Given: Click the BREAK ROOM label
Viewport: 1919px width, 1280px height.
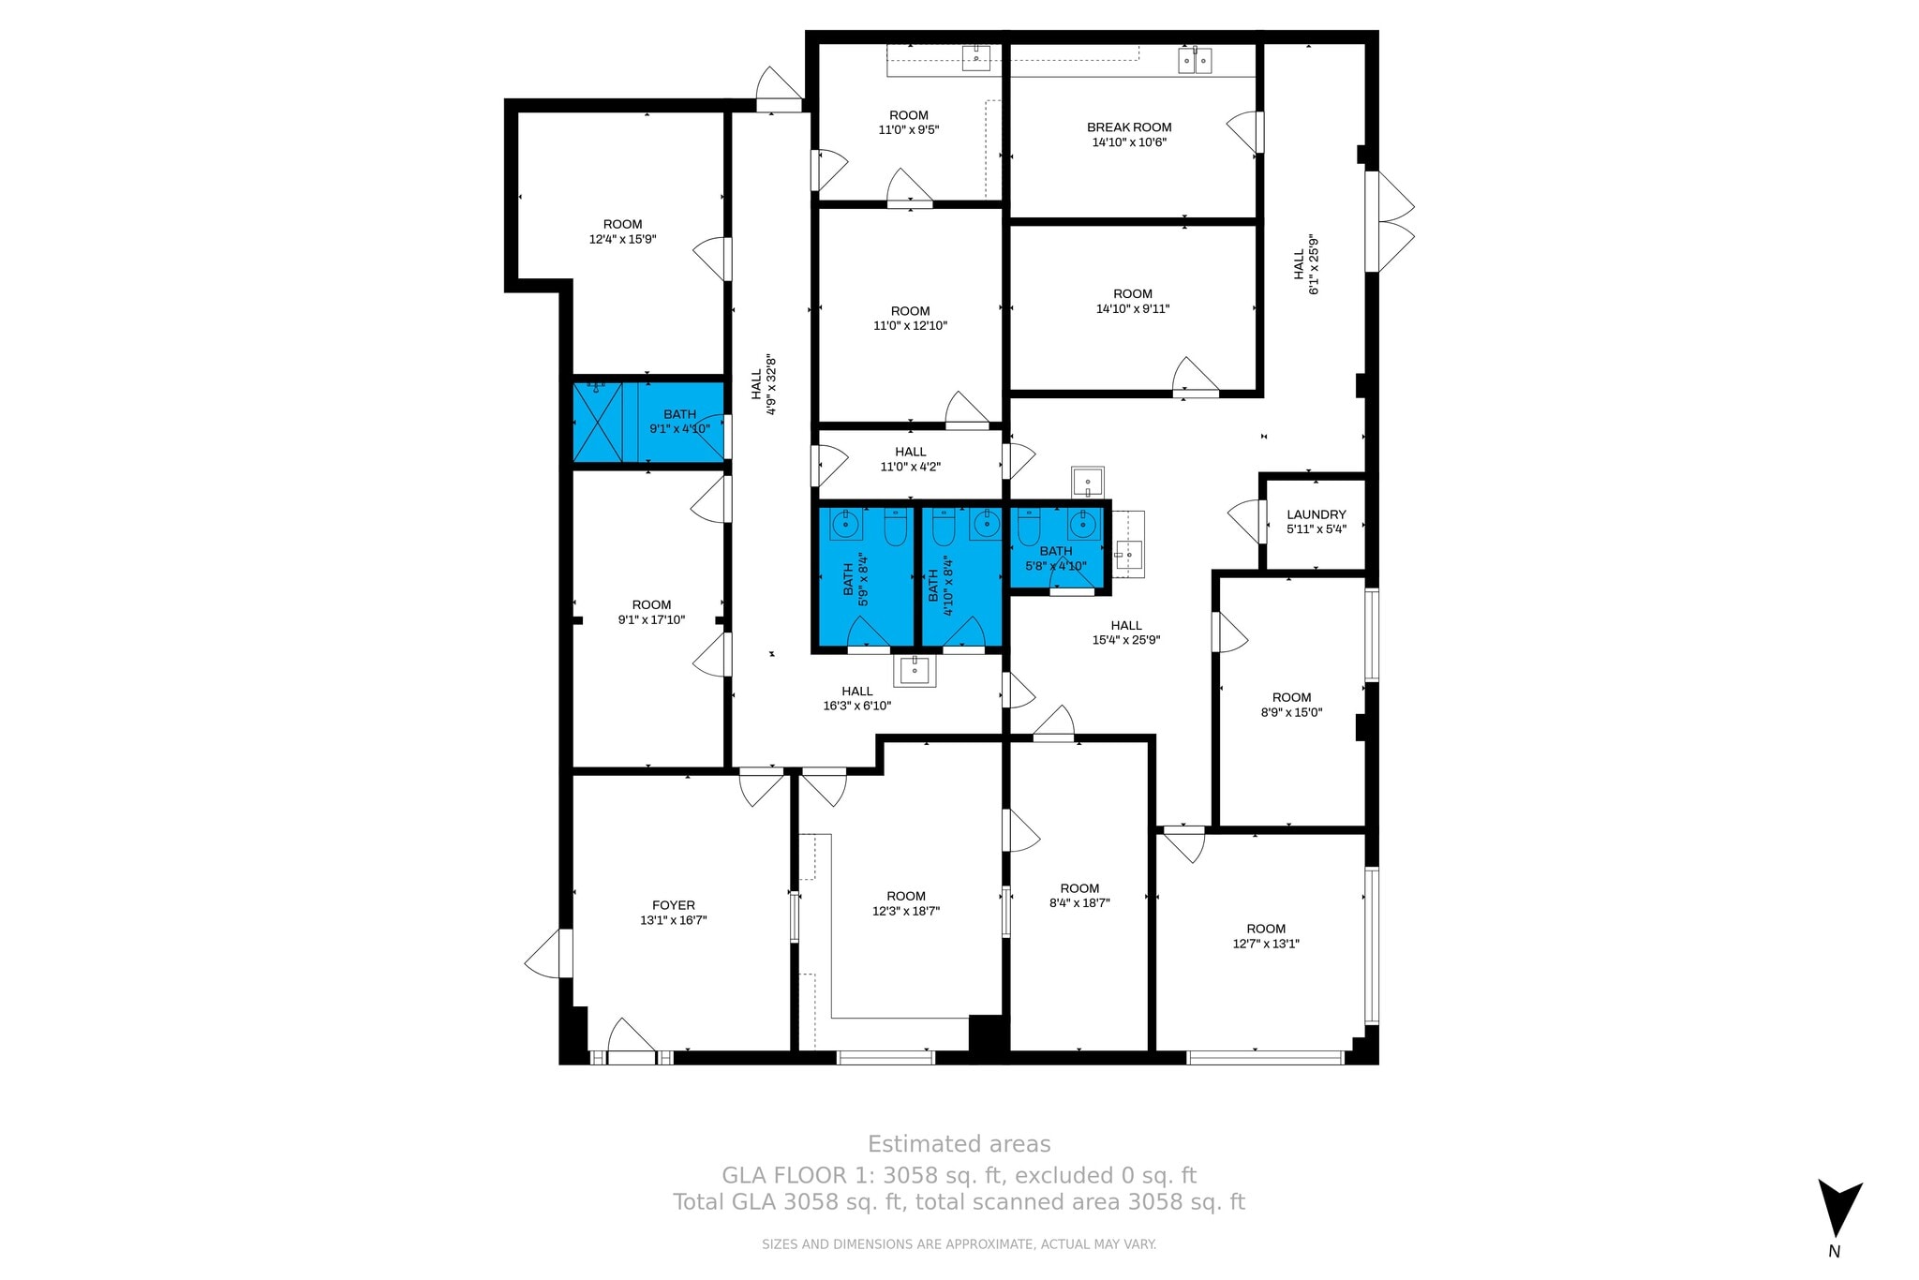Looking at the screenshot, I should pos(1129,127).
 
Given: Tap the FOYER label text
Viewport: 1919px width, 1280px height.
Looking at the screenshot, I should pos(674,905).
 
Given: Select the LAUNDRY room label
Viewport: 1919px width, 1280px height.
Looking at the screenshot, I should pos(1316,514).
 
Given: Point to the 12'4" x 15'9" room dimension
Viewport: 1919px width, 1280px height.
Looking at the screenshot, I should pos(622,240).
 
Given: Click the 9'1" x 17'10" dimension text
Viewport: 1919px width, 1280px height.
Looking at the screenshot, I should pos(651,620).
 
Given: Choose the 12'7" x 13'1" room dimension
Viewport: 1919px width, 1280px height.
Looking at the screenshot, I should pos(1266,945).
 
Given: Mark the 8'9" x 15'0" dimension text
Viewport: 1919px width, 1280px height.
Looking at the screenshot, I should pos(1291,713).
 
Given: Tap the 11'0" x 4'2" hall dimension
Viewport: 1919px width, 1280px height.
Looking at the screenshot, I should pos(910,467).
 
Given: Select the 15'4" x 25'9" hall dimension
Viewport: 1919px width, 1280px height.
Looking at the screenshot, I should pos(1126,641).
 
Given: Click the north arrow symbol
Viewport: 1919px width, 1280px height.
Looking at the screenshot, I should pos(1839,1209).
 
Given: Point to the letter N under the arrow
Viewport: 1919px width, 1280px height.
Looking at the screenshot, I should pos(1835,1252).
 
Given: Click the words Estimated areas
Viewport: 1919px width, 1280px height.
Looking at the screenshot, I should pos(959,1144).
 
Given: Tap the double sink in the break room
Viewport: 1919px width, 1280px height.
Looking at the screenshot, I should pos(1195,61).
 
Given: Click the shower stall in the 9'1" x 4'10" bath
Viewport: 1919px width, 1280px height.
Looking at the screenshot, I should pos(597,422).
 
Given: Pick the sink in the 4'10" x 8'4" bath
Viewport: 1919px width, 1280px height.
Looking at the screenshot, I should pos(986,525).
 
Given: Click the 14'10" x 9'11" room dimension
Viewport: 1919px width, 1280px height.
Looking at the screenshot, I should pos(1133,309).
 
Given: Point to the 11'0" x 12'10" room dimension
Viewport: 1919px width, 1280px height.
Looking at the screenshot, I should pos(910,326).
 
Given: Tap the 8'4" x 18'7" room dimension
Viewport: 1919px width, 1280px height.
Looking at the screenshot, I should pos(1079,903).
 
